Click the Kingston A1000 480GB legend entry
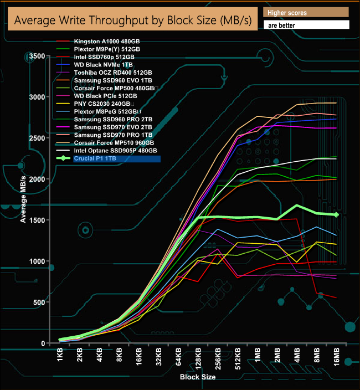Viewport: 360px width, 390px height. tap(105, 42)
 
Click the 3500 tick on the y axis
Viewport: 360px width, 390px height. tap(36, 57)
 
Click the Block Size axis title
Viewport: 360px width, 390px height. tap(198, 377)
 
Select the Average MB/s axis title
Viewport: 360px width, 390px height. tap(24, 198)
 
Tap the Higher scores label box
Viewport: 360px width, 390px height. tap(306, 12)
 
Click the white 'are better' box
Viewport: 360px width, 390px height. tap(306, 25)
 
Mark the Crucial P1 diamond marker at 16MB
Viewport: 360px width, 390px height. tap(336, 214)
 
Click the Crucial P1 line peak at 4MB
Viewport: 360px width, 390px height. tap(297, 206)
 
